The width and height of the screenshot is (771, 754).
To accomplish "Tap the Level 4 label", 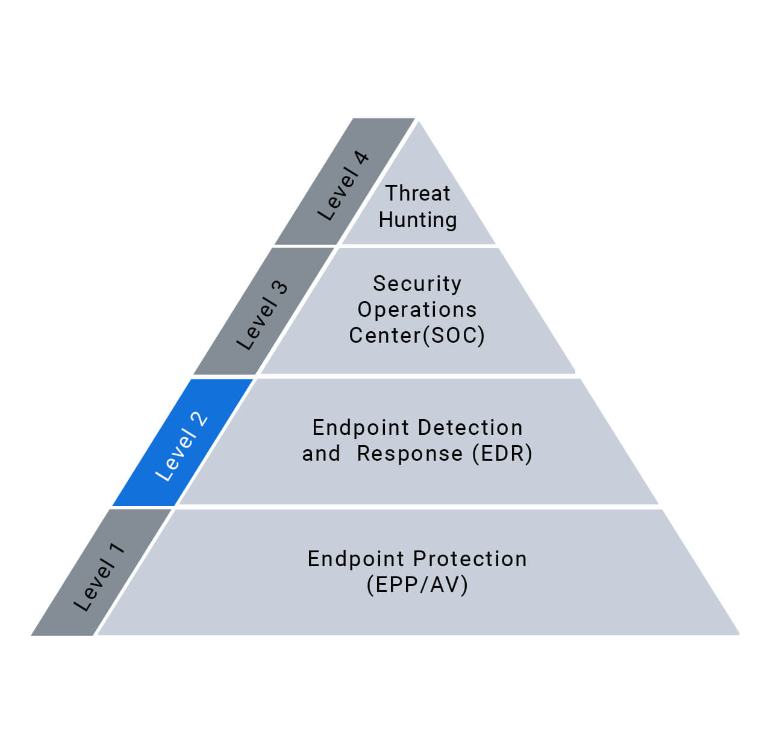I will click(344, 185).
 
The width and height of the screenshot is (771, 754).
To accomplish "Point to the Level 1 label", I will click(100, 576).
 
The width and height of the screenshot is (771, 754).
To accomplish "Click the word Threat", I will click(418, 193).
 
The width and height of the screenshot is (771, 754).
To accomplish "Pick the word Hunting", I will click(418, 220).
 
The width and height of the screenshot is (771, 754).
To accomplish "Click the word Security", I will click(417, 283).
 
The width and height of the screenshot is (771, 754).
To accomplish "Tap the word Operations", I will click(417, 310).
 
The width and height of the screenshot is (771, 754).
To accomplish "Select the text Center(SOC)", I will click(417, 335).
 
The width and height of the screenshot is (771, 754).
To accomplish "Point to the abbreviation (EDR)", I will click(502, 453).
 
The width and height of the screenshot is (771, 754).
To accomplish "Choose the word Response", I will click(410, 453).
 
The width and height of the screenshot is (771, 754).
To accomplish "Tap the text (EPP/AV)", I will click(417, 585).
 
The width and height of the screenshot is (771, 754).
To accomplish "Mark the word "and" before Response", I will click(321, 453).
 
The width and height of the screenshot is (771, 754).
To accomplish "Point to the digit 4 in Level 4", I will click(361, 159).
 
